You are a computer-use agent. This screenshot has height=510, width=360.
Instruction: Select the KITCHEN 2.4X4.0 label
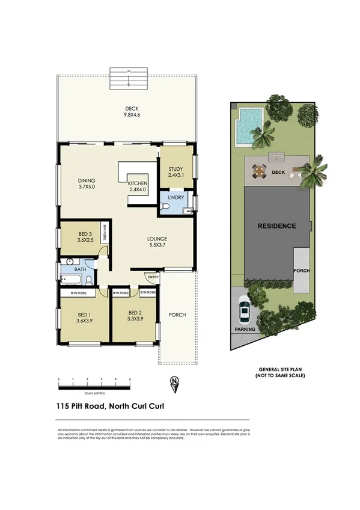point(138,186)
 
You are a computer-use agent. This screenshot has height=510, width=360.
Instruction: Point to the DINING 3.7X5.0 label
point(87,183)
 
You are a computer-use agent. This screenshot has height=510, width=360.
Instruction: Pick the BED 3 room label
point(84,236)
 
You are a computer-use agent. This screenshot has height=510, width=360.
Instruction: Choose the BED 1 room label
point(84,316)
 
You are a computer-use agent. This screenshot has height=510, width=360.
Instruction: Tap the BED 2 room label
point(135,316)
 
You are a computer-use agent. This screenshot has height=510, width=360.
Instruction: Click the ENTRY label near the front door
point(151,277)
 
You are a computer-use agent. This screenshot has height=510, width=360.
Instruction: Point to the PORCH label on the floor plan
point(177,315)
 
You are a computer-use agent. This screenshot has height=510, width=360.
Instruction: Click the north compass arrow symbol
point(175,383)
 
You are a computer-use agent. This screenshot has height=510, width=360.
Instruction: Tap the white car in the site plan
point(245,312)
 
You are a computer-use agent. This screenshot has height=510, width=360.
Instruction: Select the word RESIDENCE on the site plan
point(276,226)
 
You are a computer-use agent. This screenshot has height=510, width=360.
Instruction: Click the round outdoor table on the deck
point(259,173)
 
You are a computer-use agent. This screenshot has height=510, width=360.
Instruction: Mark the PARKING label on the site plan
point(245,330)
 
